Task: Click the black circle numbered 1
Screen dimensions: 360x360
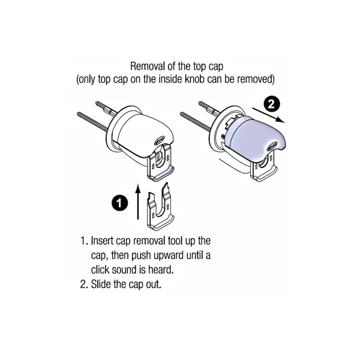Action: [119, 203]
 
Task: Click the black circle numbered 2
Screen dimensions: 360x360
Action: [271, 104]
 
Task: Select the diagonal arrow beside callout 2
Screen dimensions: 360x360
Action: [268, 115]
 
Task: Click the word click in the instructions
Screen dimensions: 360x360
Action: [100, 269]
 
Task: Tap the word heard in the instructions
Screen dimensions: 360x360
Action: [161, 269]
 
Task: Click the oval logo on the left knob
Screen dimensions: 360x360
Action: [160, 141]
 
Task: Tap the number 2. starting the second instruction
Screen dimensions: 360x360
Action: [84, 284]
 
